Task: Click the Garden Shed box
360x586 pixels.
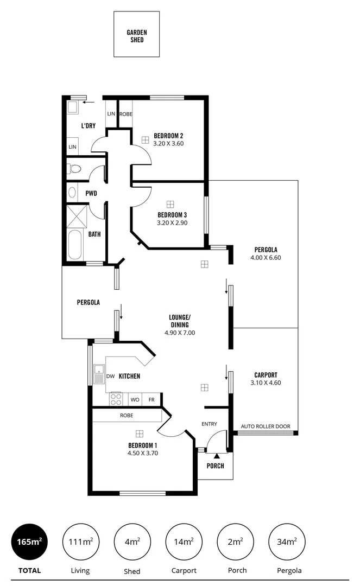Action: tap(136, 34)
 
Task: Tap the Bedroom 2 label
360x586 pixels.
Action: tap(168, 136)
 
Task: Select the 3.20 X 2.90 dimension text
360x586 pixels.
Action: tap(172, 222)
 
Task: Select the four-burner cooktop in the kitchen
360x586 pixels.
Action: tap(116, 399)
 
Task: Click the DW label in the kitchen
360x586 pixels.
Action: tap(110, 376)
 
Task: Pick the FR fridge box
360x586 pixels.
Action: tap(151, 400)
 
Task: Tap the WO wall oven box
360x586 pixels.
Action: tap(135, 400)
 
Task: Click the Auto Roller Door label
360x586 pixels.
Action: tap(266, 426)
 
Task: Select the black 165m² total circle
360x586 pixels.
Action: tap(29, 542)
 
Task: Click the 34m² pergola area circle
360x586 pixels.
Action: tap(287, 542)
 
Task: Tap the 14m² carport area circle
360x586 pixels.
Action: tap(184, 542)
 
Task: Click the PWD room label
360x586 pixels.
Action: tap(91, 193)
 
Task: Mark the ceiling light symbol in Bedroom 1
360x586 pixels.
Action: tap(140, 434)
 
